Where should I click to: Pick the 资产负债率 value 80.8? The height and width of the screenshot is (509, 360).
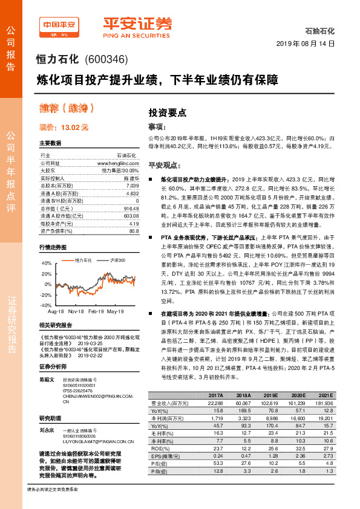[x=134, y=230]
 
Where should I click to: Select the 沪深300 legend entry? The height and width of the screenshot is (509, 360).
[x=117, y=260]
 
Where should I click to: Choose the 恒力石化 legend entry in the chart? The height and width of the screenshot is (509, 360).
[x=83, y=260]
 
